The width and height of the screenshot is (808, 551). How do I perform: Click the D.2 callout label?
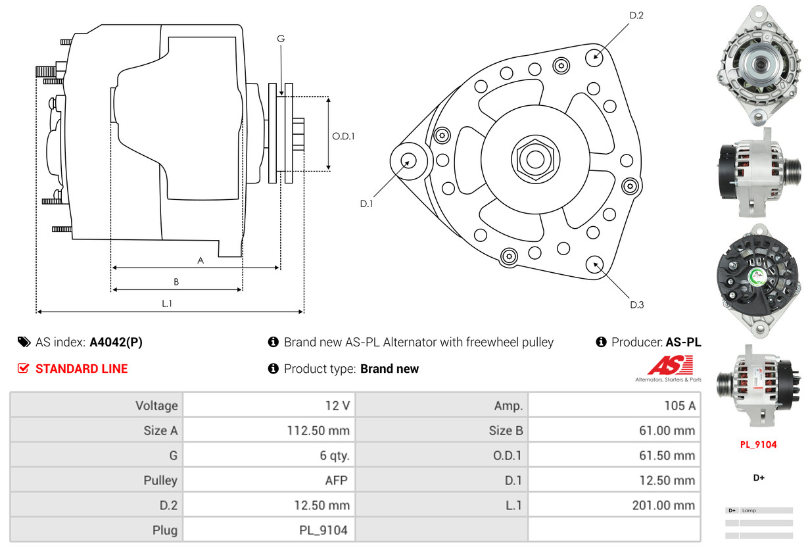[636, 15]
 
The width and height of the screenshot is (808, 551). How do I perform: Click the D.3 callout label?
[636, 304]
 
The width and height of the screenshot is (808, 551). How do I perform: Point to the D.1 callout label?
[366, 204]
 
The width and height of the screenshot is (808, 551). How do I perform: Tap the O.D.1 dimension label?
[343, 136]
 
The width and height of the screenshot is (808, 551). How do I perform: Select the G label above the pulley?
[281, 39]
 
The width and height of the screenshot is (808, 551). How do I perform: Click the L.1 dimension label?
[167, 303]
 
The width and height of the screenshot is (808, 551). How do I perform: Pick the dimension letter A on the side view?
[201, 260]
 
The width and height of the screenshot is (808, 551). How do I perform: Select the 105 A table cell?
[614, 405]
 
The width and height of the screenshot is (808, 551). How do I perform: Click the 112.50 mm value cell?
[269, 431]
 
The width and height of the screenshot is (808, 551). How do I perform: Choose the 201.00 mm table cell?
[614, 505]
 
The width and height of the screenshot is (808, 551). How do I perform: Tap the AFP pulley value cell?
[269, 480]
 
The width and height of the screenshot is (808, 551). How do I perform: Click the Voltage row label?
[97, 405]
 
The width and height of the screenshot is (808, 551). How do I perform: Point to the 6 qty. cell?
[269, 455]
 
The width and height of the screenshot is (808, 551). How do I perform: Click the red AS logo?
[670, 365]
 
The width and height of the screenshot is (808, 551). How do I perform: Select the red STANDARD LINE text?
[82, 369]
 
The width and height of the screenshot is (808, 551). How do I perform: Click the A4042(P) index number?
[116, 342]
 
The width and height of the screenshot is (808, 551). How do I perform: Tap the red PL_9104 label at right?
[758, 444]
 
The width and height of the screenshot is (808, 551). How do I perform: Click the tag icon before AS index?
[24, 342]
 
